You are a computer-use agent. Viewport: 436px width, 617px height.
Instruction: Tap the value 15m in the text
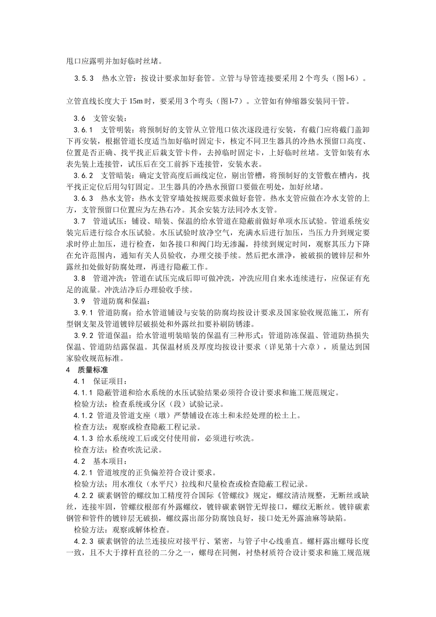pos(135,101)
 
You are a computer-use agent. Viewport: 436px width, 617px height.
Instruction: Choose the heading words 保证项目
pos(107,381)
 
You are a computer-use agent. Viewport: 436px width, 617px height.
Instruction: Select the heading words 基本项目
pos(107,461)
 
